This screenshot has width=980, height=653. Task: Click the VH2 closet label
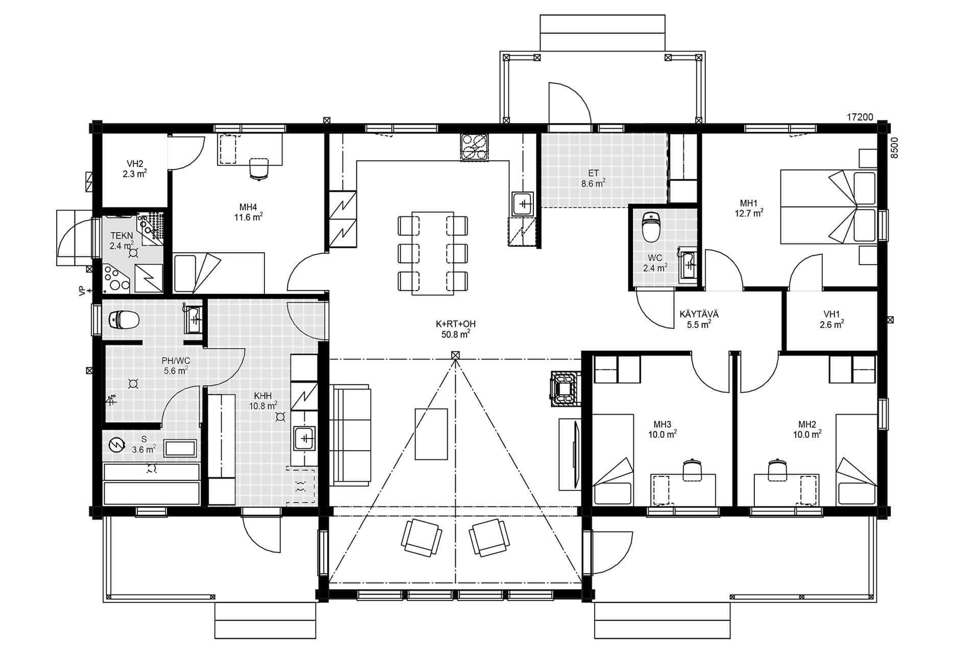[x=135, y=164]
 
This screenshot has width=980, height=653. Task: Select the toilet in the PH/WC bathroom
[x=124, y=320]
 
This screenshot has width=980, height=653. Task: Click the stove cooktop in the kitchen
[x=474, y=147]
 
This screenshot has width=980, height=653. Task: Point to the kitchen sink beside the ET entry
[x=523, y=204]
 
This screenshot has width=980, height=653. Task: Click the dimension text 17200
[x=860, y=117]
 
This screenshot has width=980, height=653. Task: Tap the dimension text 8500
[x=893, y=149]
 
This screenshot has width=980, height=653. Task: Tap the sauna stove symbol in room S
[x=117, y=445]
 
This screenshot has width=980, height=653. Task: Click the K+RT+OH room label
[x=456, y=324]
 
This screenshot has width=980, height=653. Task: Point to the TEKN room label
[x=121, y=236]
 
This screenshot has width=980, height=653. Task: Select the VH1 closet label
[x=831, y=315]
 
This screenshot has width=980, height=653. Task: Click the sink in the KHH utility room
[x=305, y=438]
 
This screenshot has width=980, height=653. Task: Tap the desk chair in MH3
[x=692, y=469]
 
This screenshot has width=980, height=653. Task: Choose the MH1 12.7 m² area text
[x=749, y=214]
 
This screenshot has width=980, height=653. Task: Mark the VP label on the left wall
[x=81, y=291]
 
